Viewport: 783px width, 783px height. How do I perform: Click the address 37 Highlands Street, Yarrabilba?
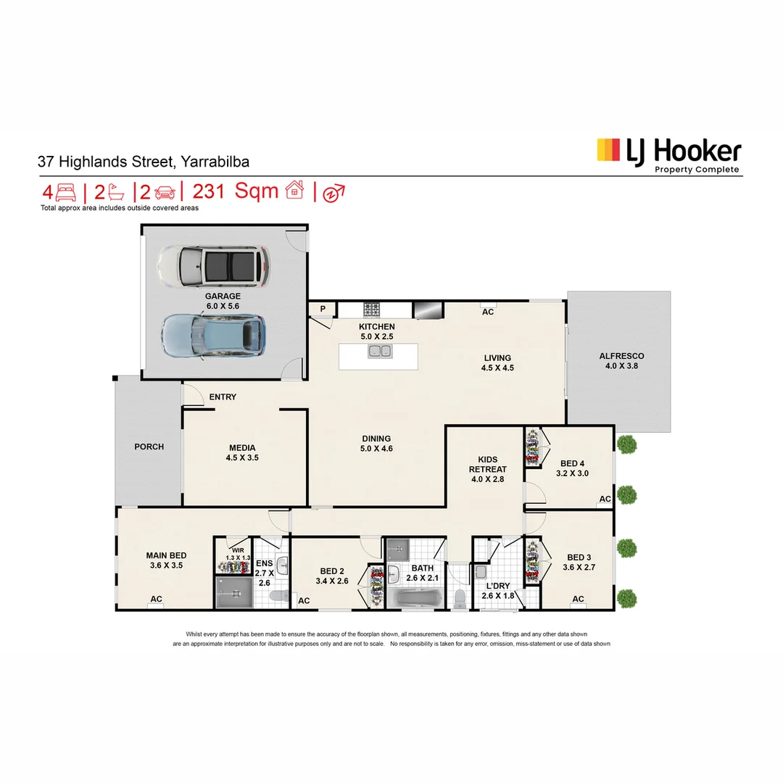144,162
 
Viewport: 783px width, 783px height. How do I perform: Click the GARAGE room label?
223,296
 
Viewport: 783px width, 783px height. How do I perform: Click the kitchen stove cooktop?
372,310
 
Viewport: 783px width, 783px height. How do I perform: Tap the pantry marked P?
321,309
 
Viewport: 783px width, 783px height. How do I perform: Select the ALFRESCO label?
621,356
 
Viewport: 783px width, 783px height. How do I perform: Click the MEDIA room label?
242,448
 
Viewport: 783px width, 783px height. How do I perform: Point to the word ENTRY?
223,397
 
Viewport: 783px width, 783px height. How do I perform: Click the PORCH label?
149,447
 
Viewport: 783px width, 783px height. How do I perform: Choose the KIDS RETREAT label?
488,464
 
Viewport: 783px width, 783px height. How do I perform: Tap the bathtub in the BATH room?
414,599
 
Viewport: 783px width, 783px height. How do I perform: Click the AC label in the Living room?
488,312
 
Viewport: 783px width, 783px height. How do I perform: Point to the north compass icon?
333,193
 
